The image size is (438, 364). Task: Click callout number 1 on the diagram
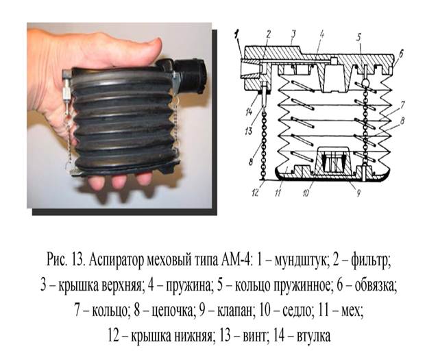click(237, 36)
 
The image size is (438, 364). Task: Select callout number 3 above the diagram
click(293, 34)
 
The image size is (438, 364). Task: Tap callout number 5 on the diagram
click(359, 38)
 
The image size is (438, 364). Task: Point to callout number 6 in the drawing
click(401, 54)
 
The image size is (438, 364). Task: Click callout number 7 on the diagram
click(402, 106)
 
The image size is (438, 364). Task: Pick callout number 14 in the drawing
click(249, 112)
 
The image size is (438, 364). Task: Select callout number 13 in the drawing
click(248, 130)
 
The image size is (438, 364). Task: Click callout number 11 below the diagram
click(278, 193)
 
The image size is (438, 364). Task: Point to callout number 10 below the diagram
click(306, 193)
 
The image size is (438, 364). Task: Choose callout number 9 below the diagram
click(358, 193)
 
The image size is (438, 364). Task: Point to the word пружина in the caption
click(188, 286)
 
